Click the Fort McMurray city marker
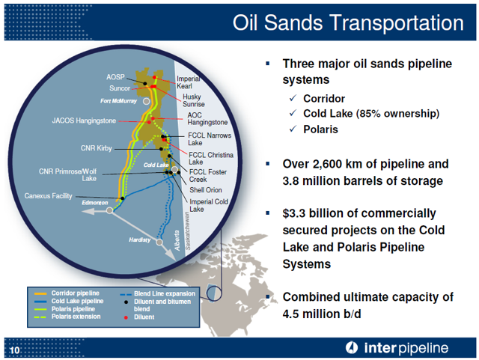tap(147, 101)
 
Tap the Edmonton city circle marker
tap(109, 210)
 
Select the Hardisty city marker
tap(159, 242)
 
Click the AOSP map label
tap(115, 77)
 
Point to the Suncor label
tap(120, 88)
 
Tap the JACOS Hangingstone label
tap(84, 120)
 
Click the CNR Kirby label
tap(97, 148)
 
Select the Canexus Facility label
tap(48, 196)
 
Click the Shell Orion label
tap(206, 190)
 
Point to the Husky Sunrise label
tap(194, 100)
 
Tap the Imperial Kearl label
tap(188, 82)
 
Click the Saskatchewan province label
tap(188, 231)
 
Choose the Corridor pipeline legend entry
tap(67, 293)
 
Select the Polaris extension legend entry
tap(67, 317)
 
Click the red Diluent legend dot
tap(126, 317)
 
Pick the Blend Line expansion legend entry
tap(157, 293)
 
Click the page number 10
tap(14, 350)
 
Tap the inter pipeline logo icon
tap(352, 348)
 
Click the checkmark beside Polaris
tap(293, 129)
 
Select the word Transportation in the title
tap(397, 22)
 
